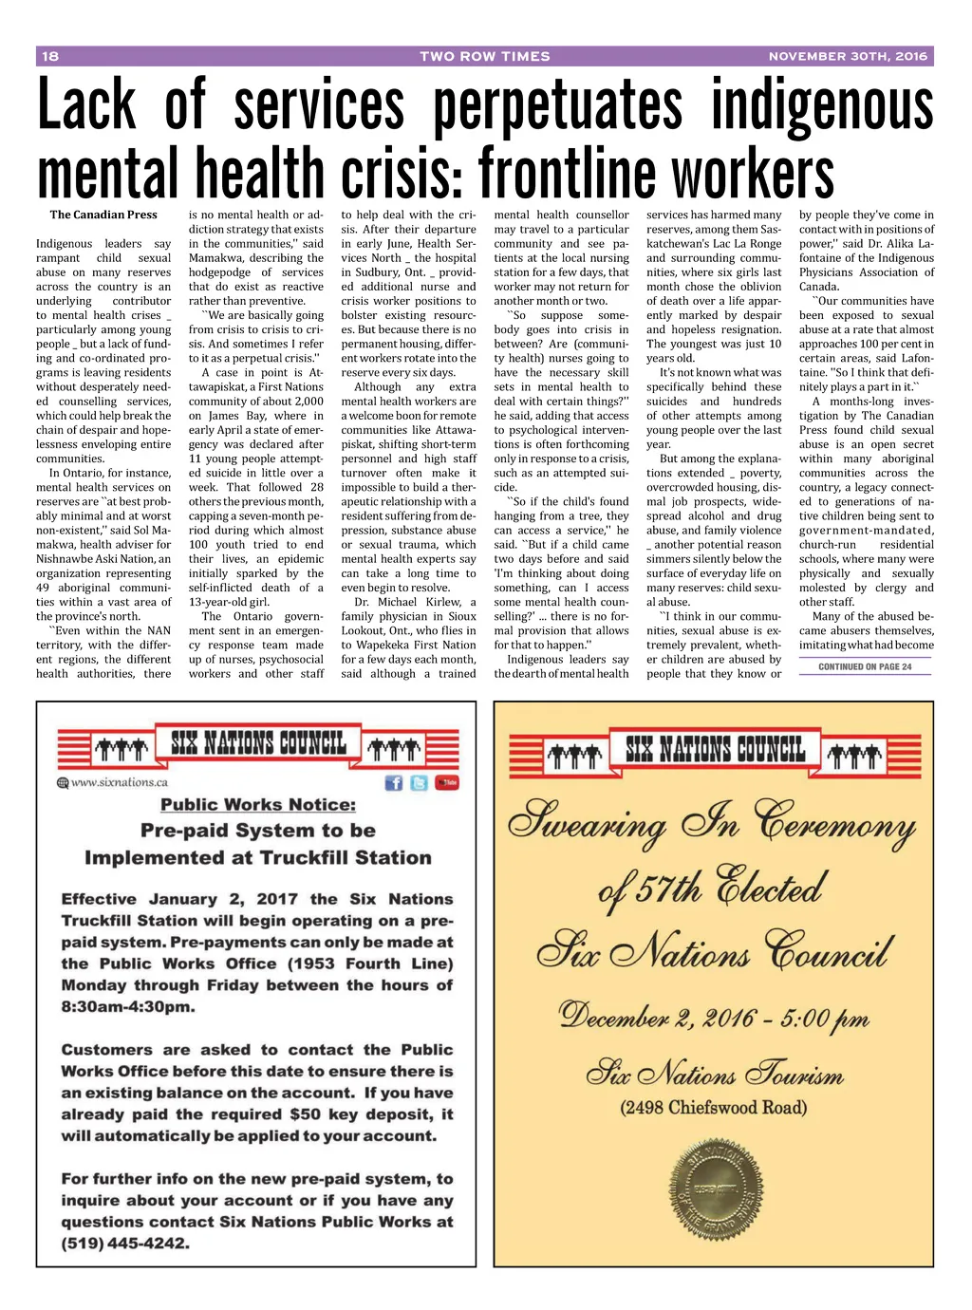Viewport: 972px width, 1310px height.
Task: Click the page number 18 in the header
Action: [x=50, y=56]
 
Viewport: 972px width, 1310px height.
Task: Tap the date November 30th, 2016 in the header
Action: [x=847, y=56]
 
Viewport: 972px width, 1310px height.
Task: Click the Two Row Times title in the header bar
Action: [x=485, y=56]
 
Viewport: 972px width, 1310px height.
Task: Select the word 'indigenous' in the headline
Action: [x=822, y=106]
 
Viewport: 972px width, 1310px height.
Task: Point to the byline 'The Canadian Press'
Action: [x=103, y=215]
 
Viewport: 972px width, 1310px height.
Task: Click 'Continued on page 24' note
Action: [x=864, y=666]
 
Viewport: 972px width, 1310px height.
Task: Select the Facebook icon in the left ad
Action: [x=393, y=782]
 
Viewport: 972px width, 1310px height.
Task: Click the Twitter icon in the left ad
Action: [x=419, y=782]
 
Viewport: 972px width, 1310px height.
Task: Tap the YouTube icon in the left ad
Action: [x=447, y=782]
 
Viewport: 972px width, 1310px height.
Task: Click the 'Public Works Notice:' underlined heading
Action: [x=258, y=804]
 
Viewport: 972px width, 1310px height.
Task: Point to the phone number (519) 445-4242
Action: [x=125, y=1243]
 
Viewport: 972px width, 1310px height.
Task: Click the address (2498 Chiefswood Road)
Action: [x=714, y=1107]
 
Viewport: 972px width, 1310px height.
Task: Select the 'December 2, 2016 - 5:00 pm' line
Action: [x=714, y=1018]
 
